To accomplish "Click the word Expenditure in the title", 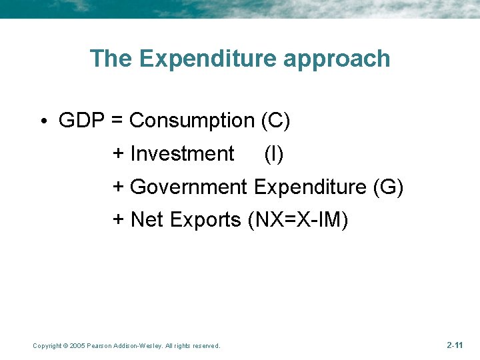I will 208,59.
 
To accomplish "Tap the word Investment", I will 182,154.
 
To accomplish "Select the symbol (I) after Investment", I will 273,154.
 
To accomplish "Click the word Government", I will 189,187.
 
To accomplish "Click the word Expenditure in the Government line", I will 309,187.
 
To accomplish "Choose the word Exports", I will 206,219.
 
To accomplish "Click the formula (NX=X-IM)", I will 297,219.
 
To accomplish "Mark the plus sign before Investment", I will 119,154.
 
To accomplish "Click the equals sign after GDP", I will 116,121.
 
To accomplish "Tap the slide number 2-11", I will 455,345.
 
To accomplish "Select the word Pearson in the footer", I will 101,345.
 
